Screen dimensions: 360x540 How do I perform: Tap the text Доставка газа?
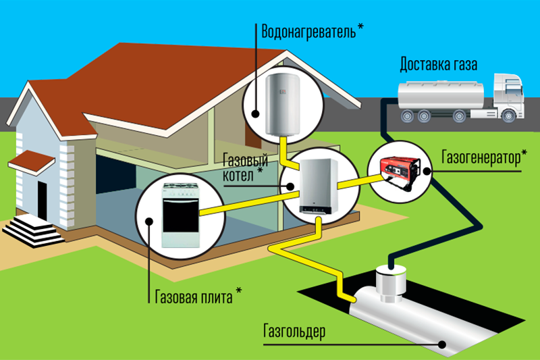(x=439, y=66)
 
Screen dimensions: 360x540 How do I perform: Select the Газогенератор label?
(x=483, y=158)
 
